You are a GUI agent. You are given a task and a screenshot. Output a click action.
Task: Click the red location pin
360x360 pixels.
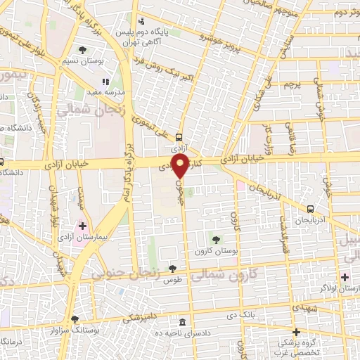pyautogui.click(x=181, y=166)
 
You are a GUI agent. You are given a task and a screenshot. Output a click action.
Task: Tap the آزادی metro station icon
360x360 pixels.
pyautogui.click(x=179, y=138)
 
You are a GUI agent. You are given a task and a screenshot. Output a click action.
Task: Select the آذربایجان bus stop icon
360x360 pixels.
pyautogui.click(x=311, y=209)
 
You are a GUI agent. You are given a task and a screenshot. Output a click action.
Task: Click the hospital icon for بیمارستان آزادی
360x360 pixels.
pyautogui.click(x=82, y=226)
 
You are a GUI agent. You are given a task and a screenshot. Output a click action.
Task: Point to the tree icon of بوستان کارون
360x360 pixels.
pyautogui.click(x=216, y=240)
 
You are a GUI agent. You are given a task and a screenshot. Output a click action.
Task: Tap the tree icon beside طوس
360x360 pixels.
pyautogui.click(x=172, y=268)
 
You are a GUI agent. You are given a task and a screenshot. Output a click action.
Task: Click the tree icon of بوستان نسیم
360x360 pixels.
pyautogui.click(x=83, y=50)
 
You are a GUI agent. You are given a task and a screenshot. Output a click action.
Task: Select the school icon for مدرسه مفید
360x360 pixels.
pyautogui.click(x=106, y=82)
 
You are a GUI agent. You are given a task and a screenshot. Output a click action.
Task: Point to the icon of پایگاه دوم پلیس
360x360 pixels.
pyautogui.click(x=141, y=21)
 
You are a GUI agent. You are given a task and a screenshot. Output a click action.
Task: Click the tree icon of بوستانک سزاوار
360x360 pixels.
pyautogui.click(x=75, y=319)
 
